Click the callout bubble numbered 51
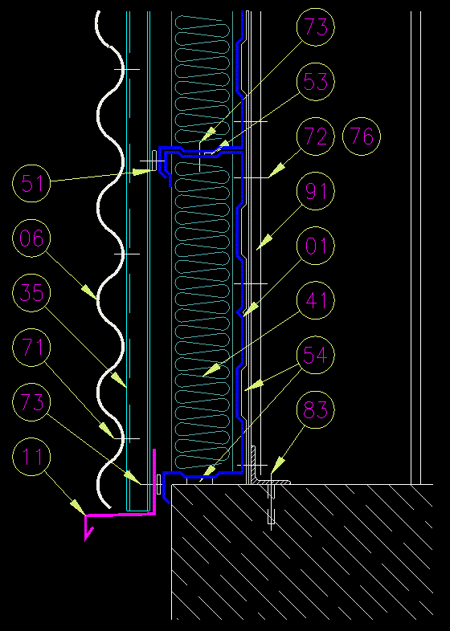31,183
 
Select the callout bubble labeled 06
31,238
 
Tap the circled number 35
31,292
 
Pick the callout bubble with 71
31,348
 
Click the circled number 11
31,457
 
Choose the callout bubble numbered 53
316,82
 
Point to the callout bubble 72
316,136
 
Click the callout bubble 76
362,136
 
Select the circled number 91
316,191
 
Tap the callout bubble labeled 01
316,246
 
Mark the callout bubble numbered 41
316,300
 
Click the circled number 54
316,355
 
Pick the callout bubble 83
316,409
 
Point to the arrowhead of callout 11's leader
79,507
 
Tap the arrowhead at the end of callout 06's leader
90,292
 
